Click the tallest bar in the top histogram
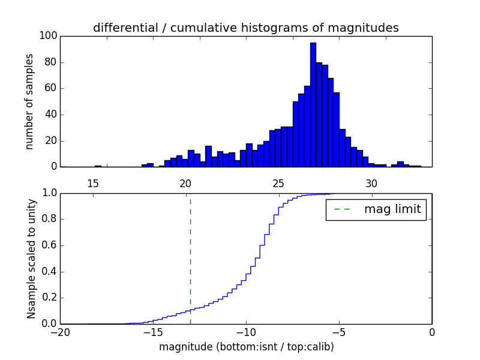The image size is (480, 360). coord(313,104)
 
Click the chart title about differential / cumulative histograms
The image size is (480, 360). coord(245,28)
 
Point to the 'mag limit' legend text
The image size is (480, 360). coord(392,209)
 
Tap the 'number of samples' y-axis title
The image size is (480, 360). coord(29,101)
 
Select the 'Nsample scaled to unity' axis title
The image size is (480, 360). coord(31,259)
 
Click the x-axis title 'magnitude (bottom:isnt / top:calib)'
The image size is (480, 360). coord(246,347)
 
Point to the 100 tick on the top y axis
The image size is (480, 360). coord(49,36)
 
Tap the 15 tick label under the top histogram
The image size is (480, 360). coord(93,183)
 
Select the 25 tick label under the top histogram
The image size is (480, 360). coord(279,183)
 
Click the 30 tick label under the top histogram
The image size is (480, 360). coord(371,183)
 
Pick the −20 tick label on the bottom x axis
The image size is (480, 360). coord(60,333)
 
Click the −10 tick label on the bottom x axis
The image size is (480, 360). coord(245,333)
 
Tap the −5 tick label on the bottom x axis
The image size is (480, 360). coord(338,333)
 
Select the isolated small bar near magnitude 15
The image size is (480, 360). coord(98,166)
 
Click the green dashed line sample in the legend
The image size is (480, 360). coord(341,209)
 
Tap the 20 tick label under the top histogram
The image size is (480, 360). coord(186,183)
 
